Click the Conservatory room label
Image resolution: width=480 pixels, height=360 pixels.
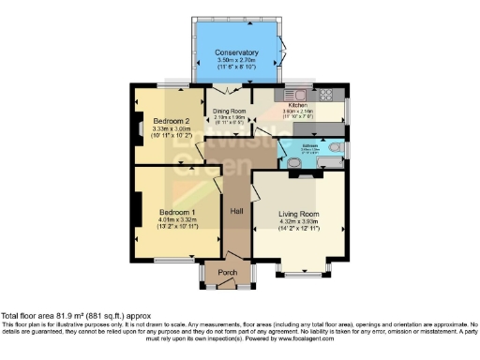235,52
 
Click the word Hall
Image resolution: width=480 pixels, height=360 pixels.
238,212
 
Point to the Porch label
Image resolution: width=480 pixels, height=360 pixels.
228,273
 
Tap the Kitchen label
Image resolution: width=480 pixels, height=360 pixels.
312,106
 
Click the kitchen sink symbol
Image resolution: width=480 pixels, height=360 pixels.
298,94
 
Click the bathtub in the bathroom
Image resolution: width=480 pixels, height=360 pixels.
331,164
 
